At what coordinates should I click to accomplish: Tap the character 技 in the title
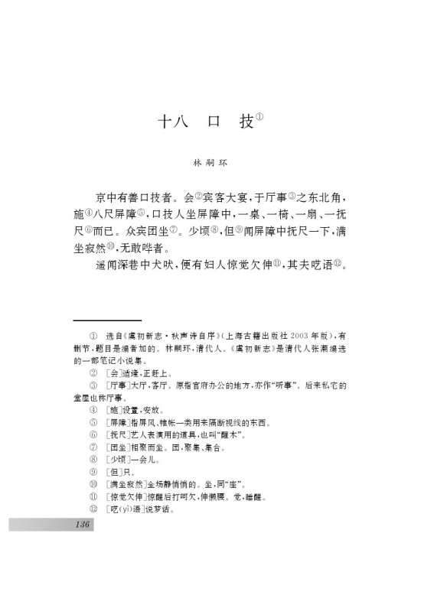(245, 122)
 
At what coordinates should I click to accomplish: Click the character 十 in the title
(163, 122)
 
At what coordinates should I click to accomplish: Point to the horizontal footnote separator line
(107, 320)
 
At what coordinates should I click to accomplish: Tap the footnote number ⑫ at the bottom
(93, 507)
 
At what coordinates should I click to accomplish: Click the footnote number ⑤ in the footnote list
(93, 421)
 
